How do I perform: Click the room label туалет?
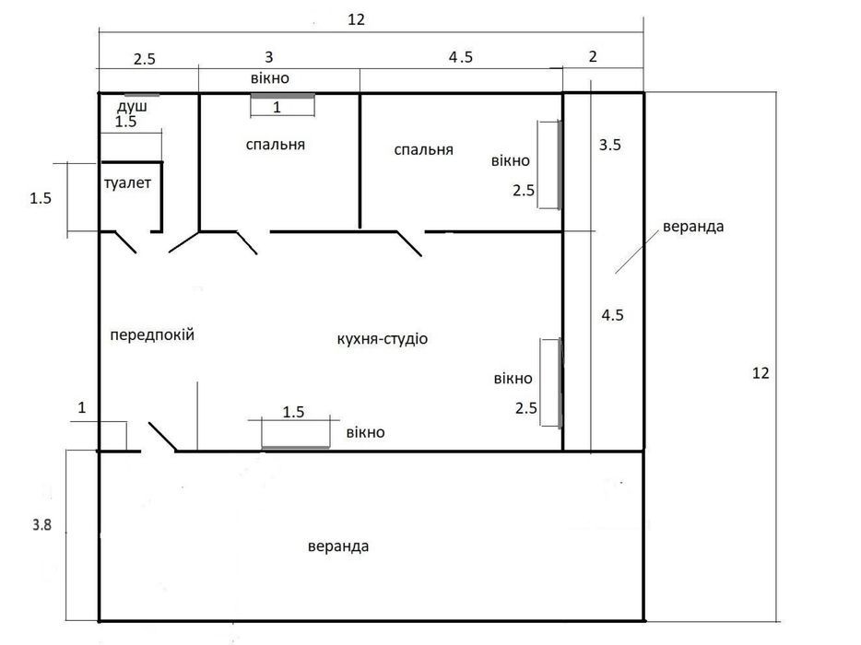(127, 183)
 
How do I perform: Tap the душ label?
(132, 105)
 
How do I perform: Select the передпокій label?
(152, 334)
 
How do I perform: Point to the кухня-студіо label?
(383, 339)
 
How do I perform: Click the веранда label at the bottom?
(338, 546)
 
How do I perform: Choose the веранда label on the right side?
(693, 227)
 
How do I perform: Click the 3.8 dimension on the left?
(41, 525)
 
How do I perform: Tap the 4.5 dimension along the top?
(460, 57)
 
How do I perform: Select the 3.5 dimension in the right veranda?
(609, 145)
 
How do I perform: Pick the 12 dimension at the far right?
(761, 373)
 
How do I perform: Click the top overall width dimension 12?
(356, 19)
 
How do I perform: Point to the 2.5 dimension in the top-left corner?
(145, 59)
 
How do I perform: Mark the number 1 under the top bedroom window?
(277, 107)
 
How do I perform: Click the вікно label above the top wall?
(269, 78)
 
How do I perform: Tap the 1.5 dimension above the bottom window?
(293, 412)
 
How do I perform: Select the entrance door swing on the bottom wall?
(162, 437)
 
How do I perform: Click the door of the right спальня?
(409, 244)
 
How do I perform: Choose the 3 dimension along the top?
(268, 57)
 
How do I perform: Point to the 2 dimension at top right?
(593, 56)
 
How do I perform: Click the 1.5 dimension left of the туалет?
(41, 198)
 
